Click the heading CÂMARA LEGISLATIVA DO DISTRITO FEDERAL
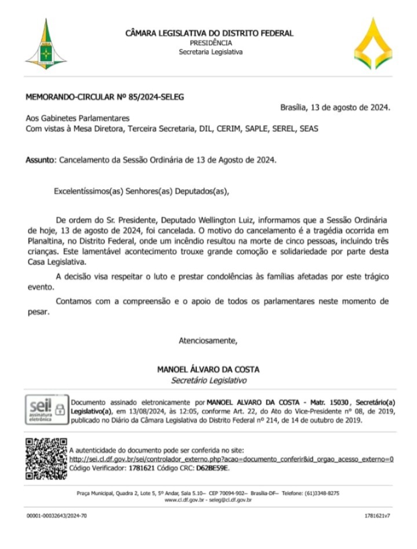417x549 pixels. coord(210,34)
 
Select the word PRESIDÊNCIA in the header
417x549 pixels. coord(211,43)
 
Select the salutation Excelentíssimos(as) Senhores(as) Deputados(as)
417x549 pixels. coord(142,189)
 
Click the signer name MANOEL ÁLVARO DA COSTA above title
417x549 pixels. coord(209,369)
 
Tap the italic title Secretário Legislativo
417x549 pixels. coord(209,380)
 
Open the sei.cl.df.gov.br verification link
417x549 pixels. coord(232,459)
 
